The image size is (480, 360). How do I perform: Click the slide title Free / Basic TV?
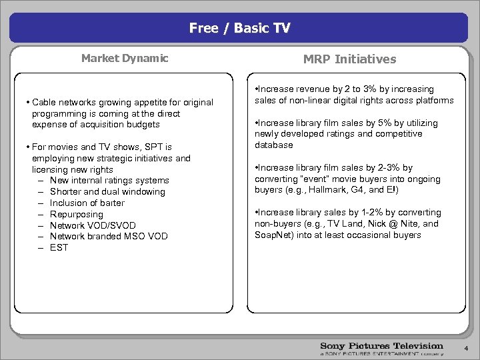click(x=239, y=28)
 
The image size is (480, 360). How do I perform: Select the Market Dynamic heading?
click(x=125, y=58)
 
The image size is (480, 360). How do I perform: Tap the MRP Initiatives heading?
click(x=349, y=59)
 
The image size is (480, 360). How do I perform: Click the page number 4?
click(x=466, y=349)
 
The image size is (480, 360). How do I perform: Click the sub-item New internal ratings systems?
click(x=109, y=181)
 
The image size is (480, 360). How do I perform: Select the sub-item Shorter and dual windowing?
click(x=107, y=192)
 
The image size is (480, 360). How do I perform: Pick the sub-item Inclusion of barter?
click(x=87, y=203)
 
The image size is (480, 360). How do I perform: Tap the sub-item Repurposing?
click(x=77, y=215)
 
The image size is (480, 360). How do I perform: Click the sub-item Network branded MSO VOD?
click(x=109, y=237)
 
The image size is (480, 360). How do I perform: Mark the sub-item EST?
click(x=59, y=248)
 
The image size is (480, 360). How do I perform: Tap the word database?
click(x=273, y=145)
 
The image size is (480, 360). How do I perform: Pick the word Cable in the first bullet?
click(x=44, y=103)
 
